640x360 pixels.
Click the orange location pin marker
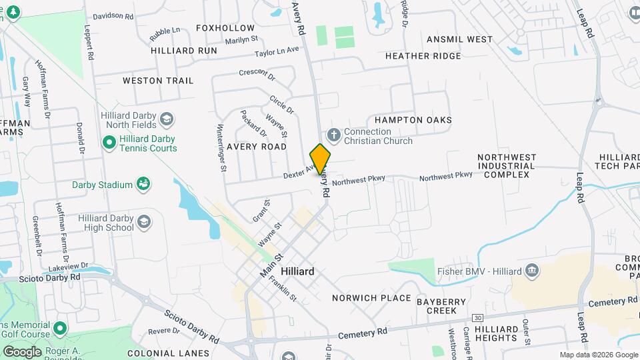320,159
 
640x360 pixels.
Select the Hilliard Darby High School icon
143,222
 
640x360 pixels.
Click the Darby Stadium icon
142,183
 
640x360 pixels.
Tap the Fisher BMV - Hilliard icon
532,270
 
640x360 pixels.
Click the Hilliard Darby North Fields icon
167,119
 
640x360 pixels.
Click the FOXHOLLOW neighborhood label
225,28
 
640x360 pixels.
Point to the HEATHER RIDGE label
423,56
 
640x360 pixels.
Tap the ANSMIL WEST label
459,39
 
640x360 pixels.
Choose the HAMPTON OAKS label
413,120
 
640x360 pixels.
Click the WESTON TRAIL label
158,81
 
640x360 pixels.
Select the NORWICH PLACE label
371,298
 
